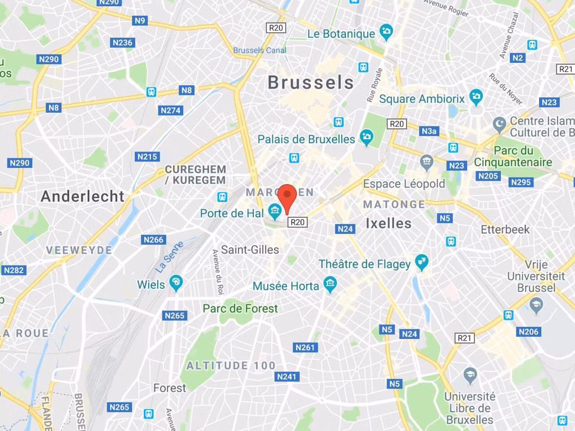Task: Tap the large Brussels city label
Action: point(311,82)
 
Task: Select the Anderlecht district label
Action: point(83,196)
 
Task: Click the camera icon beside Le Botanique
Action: point(386,32)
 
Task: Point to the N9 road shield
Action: point(140,21)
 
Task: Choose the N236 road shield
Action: point(122,43)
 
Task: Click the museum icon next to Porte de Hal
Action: point(275,212)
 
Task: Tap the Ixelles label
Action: point(388,223)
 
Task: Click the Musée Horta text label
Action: point(286,286)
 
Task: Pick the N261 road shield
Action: point(305,347)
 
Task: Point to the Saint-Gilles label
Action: point(250,250)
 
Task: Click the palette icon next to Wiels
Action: point(176,283)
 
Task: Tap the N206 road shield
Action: point(528,332)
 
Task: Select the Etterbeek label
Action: point(505,230)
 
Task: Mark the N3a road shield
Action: point(429,131)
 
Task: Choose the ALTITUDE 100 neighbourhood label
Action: point(231,366)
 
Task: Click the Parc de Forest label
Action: point(240,309)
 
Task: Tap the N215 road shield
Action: point(147,157)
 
